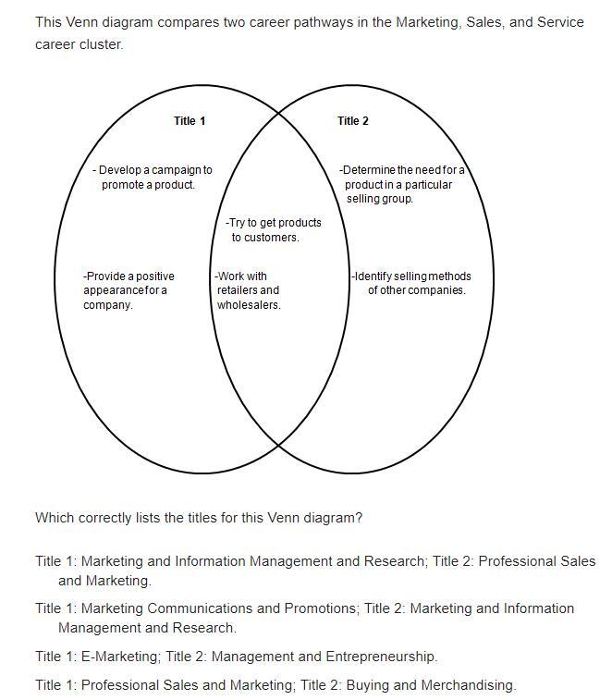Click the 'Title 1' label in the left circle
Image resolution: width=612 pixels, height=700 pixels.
tap(190, 121)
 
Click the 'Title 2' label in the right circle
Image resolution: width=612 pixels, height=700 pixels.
tap(353, 121)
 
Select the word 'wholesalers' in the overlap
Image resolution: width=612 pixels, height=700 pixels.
tap(248, 305)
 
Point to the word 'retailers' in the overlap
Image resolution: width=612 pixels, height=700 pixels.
tap(238, 290)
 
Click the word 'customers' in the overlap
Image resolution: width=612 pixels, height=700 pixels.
tap(273, 238)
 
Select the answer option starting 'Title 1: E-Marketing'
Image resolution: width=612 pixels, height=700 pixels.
tap(236, 657)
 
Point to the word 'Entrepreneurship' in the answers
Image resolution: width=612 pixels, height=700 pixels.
tap(380, 657)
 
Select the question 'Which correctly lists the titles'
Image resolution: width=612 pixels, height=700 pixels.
tap(199, 518)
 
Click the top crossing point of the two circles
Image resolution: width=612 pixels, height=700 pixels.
tap(278, 113)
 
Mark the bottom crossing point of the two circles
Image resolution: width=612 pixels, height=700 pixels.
tap(278, 447)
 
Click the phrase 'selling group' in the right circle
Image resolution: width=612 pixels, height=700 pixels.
tap(380, 199)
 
